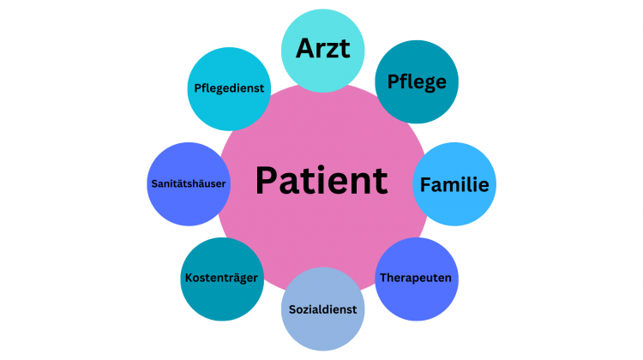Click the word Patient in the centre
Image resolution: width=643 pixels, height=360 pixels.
(321, 181)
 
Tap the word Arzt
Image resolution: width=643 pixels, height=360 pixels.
(323, 48)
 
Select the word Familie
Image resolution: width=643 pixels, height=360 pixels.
(454, 184)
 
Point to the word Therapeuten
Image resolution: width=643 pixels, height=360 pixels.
(416, 278)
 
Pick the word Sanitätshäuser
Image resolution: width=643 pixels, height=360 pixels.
(188, 183)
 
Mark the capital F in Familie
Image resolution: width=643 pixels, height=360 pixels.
(424, 184)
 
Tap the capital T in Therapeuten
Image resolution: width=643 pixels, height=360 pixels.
(382, 278)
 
